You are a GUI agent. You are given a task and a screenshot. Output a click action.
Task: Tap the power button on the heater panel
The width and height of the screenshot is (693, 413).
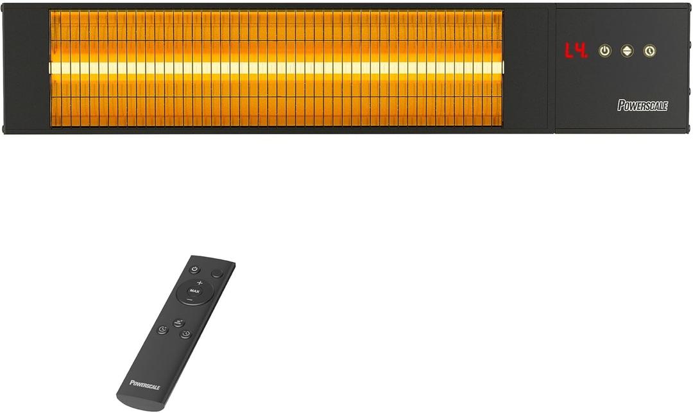(x=604, y=51)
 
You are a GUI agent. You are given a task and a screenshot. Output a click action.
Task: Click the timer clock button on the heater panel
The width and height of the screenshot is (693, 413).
(x=649, y=51)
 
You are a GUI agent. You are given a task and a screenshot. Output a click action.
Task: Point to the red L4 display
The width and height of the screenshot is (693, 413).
(x=576, y=51)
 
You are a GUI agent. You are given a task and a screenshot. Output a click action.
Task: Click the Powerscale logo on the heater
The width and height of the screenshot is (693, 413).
(x=642, y=105)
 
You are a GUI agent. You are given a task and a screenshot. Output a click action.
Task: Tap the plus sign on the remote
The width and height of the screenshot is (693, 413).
(x=199, y=283)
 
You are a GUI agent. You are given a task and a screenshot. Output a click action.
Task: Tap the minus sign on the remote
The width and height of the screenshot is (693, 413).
(x=190, y=300)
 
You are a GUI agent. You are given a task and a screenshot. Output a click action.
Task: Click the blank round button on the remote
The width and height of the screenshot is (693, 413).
(x=217, y=273)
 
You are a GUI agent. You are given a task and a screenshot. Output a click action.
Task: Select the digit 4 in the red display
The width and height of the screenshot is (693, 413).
(x=581, y=51)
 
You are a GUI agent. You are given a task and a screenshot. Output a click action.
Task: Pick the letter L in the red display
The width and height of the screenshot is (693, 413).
(x=569, y=51)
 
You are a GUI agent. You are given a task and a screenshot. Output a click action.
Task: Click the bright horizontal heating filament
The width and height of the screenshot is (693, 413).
(x=276, y=67)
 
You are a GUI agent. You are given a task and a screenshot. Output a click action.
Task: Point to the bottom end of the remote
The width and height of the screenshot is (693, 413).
(x=132, y=402)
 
